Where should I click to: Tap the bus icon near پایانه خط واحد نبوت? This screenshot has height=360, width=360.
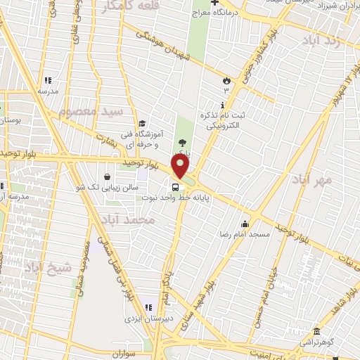[x=174, y=187]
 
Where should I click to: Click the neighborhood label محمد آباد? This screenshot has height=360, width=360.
[x=127, y=221]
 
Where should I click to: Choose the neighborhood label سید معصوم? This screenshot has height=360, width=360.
[x=91, y=112]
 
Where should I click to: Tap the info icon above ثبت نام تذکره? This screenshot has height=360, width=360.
[x=222, y=105]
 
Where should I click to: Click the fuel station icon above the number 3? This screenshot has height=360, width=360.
[x=226, y=80]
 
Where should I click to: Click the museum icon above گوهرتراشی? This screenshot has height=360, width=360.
[x=316, y=332]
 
